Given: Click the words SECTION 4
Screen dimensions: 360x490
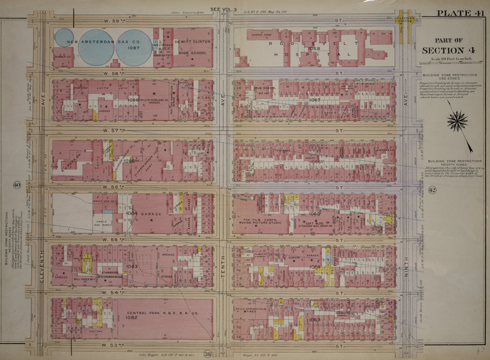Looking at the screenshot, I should pos(443,50).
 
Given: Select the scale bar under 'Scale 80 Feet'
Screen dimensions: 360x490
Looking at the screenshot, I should pos(443,63).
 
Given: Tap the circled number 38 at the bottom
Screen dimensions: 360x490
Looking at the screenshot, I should pos(208,354).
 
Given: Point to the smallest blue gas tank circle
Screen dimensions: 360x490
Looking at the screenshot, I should pos(64,38).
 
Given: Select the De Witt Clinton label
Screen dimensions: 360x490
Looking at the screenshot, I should pos(192,42).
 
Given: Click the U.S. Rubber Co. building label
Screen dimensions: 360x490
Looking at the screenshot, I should pos(63,56).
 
